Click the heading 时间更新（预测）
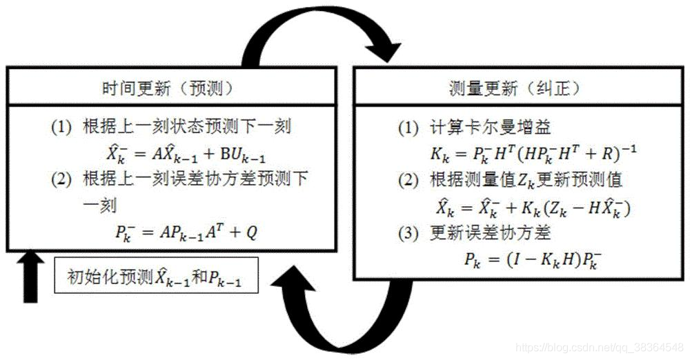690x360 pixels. point(166,88)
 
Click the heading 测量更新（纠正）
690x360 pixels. point(513,88)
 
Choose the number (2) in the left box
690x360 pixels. point(61,178)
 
